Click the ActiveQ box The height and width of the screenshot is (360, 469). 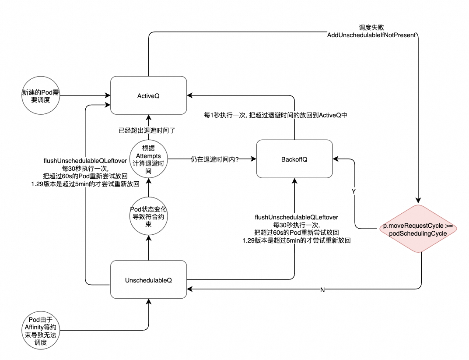148,95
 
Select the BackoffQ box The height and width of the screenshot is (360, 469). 294,159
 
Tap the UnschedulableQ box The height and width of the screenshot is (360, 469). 148,279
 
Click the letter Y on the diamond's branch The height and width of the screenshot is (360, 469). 354,191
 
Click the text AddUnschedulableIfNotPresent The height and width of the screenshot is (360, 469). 371,35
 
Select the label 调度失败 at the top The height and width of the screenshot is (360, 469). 371,27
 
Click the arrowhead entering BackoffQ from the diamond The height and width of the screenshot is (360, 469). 335,159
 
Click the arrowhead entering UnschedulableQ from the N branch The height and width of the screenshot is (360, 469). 189,289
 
